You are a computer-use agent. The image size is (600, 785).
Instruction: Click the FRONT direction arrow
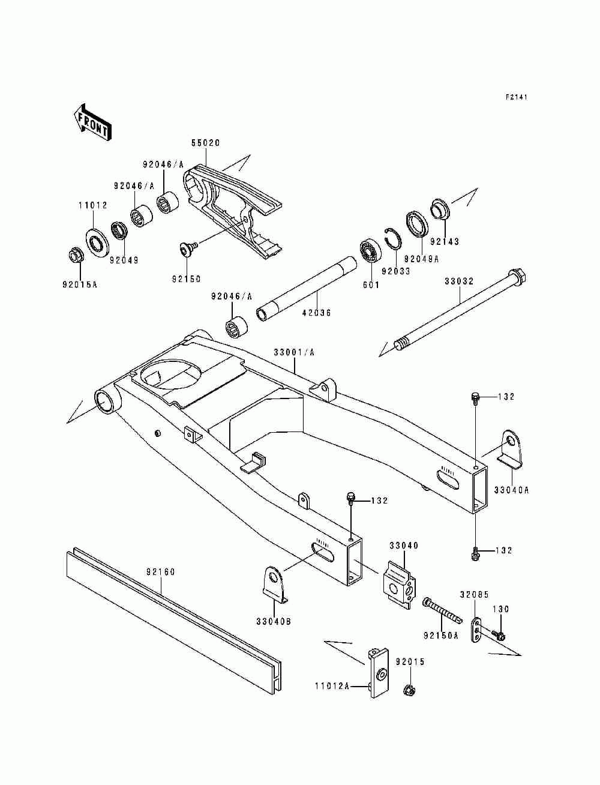pyautogui.click(x=92, y=122)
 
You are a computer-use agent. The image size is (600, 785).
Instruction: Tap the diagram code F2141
pyautogui.click(x=517, y=97)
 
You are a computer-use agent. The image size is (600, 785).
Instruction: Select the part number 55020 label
pyautogui.click(x=206, y=143)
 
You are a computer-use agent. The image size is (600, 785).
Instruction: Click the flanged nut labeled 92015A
pyautogui.click(x=76, y=255)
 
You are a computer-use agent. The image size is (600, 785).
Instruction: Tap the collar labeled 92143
pyautogui.click(x=440, y=209)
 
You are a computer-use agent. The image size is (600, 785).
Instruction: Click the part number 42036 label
pyautogui.click(x=316, y=313)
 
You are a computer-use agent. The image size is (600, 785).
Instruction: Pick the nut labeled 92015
pyautogui.click(x=409, y=689)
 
